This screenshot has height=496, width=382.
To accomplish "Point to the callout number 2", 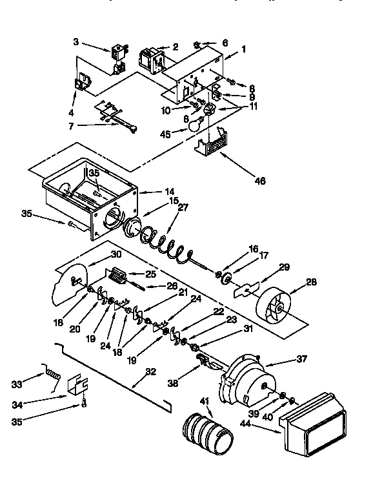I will click(175, 46).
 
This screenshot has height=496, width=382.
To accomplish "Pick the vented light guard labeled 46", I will click(213, 143).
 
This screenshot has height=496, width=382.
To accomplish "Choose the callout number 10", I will click(166, 110).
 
